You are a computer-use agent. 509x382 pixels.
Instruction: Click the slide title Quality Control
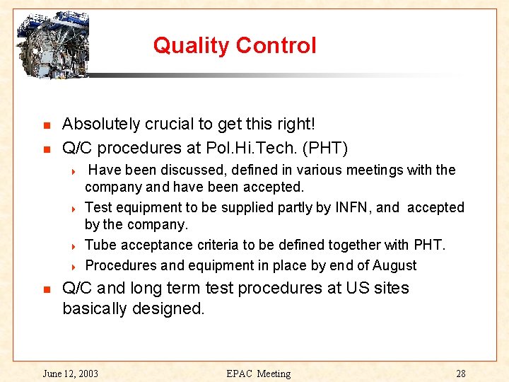234,46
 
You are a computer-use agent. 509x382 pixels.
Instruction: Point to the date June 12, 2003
71,374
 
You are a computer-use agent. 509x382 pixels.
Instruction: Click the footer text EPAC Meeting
258,374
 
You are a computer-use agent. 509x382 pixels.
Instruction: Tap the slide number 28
461,374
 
